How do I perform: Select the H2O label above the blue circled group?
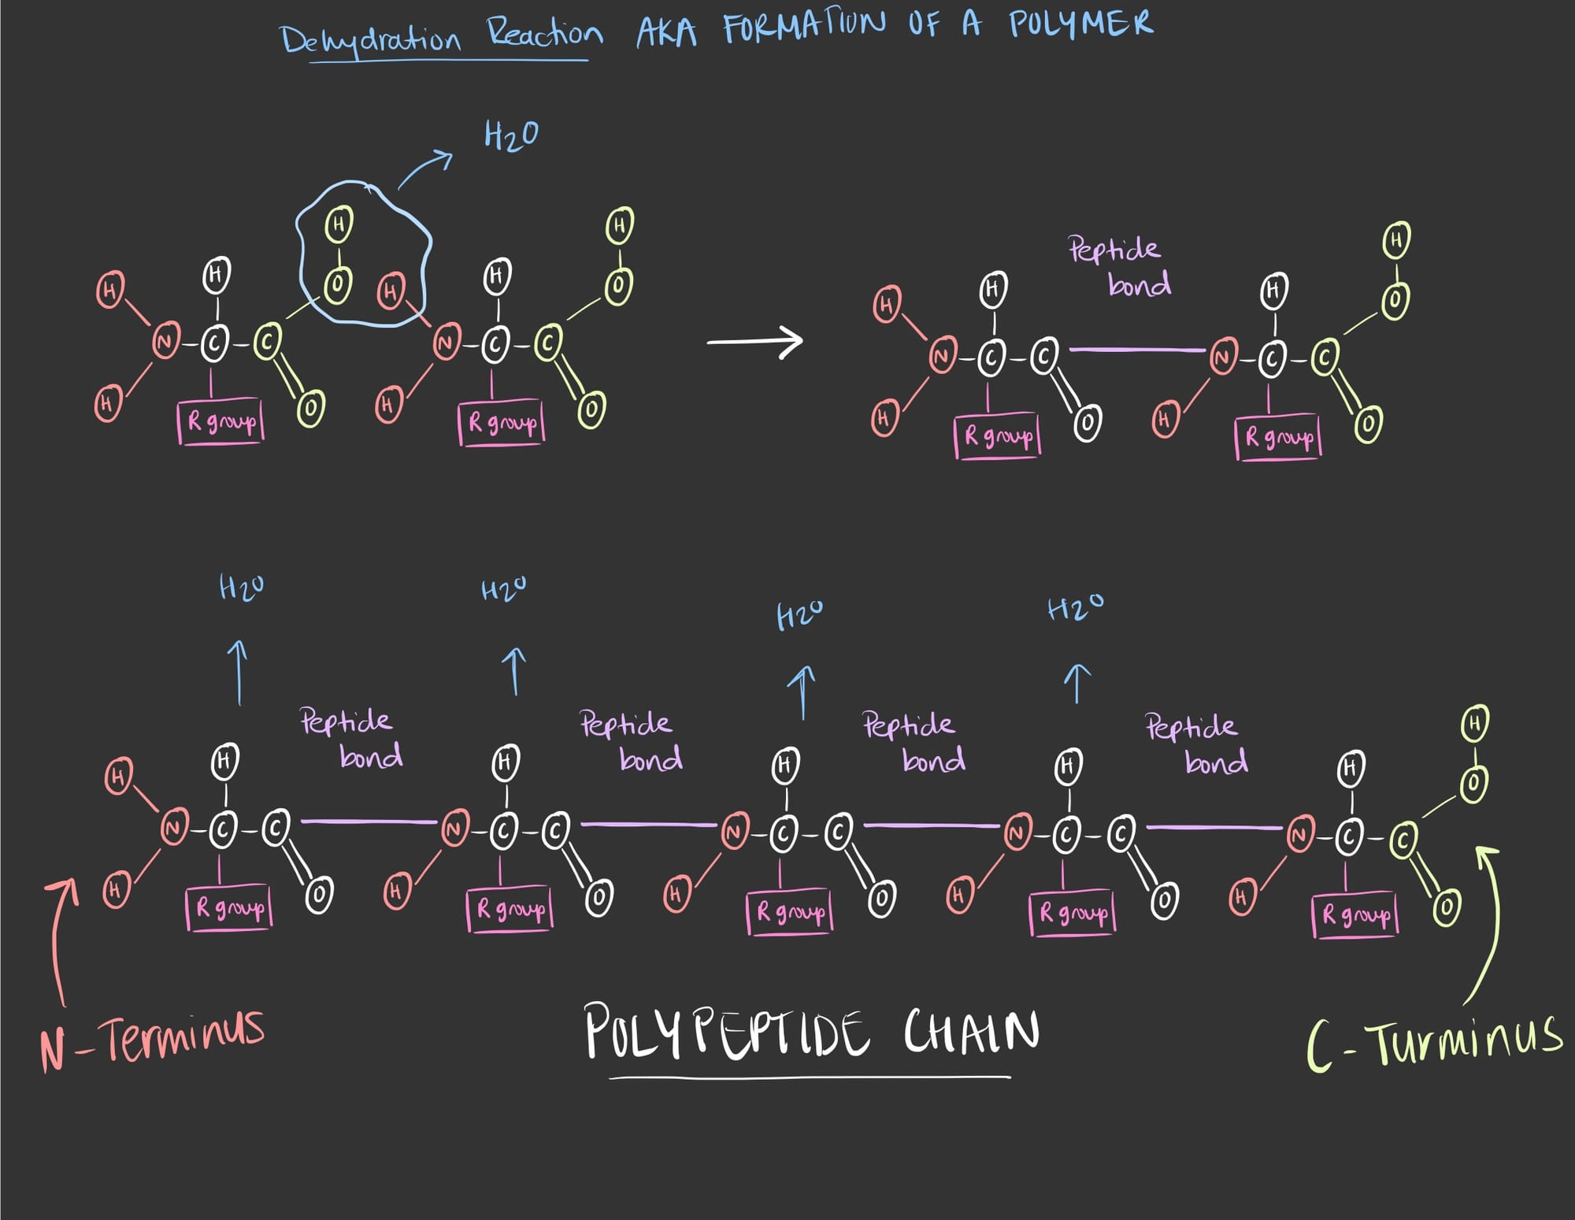511,135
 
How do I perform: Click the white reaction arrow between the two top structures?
754,342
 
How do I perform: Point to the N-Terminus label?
152,1039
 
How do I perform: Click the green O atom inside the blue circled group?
338,284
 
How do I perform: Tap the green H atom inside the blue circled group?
339,225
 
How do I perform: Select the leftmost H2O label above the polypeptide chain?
241,588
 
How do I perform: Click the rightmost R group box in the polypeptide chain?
1354,914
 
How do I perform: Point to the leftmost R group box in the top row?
220,422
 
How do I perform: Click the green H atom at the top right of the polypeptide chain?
1474,723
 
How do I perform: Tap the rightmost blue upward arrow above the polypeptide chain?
1077,682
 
